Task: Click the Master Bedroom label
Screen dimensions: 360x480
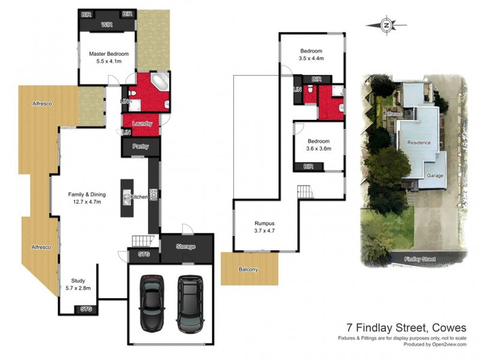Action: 109,53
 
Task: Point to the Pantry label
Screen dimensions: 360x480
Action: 140,147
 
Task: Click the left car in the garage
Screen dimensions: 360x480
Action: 151,303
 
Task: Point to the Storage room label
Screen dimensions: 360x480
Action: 185,247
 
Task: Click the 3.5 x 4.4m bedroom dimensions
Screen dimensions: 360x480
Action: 311,59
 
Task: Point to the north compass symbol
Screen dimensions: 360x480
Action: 387,25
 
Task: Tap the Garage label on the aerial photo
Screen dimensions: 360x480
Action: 435,176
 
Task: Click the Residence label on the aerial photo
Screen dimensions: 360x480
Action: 419,143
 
